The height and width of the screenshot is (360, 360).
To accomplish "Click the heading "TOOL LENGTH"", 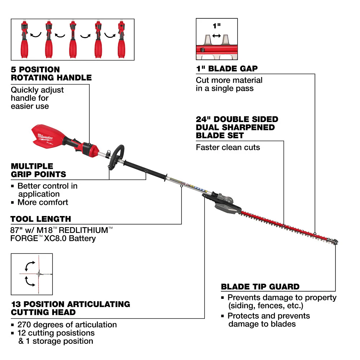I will (x=41, y=219).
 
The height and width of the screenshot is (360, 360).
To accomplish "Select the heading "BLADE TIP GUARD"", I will (x=260, y=287).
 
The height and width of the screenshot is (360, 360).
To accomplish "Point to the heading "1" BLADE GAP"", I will (x=226, y=69).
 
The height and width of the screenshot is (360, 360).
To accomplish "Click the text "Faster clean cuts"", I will (x=228, y=147).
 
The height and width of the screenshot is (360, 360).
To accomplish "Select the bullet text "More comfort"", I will (x=42, y=202).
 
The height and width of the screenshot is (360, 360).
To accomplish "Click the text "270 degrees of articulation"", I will (x=67, y=325).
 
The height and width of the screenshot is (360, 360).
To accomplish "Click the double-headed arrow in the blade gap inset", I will (x=217, y=36).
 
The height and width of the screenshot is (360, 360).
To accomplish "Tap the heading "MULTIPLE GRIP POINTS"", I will (x=39, y=170).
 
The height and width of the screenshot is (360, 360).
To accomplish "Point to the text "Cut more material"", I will (x=229, y=80).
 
